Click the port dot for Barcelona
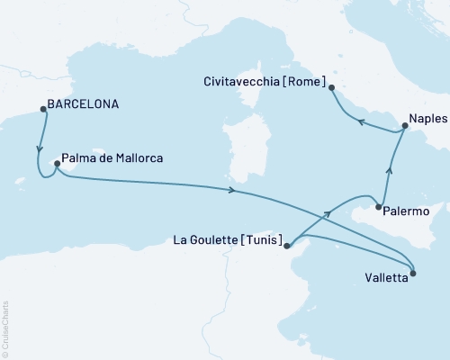[x=43, y=111]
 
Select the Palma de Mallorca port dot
[x=58, y=164]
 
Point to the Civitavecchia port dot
[x=331, y=88]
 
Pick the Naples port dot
[x=403, y=127]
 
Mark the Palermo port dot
[x=378, y=207]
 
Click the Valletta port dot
[x=413, y=272]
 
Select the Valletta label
[x=388, y=279]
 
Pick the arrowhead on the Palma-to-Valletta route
[x=233, y=190]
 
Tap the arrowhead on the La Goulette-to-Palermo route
[x=328, y=213]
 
